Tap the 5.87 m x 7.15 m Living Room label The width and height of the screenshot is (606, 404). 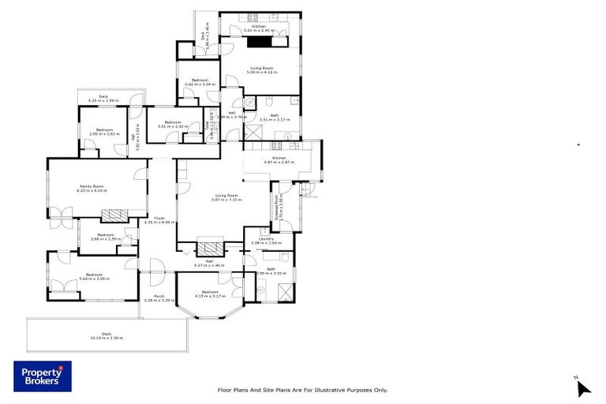227,197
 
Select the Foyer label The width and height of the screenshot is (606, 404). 159,220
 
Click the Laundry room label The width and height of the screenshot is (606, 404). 266,241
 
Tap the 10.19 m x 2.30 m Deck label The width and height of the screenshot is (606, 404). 106,336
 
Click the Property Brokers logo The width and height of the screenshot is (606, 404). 42,376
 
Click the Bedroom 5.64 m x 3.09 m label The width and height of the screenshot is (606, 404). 94,276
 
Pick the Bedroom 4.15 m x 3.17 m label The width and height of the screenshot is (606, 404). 209,294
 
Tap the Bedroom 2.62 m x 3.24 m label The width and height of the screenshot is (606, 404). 199,81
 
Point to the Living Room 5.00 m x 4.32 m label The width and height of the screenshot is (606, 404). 261,70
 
